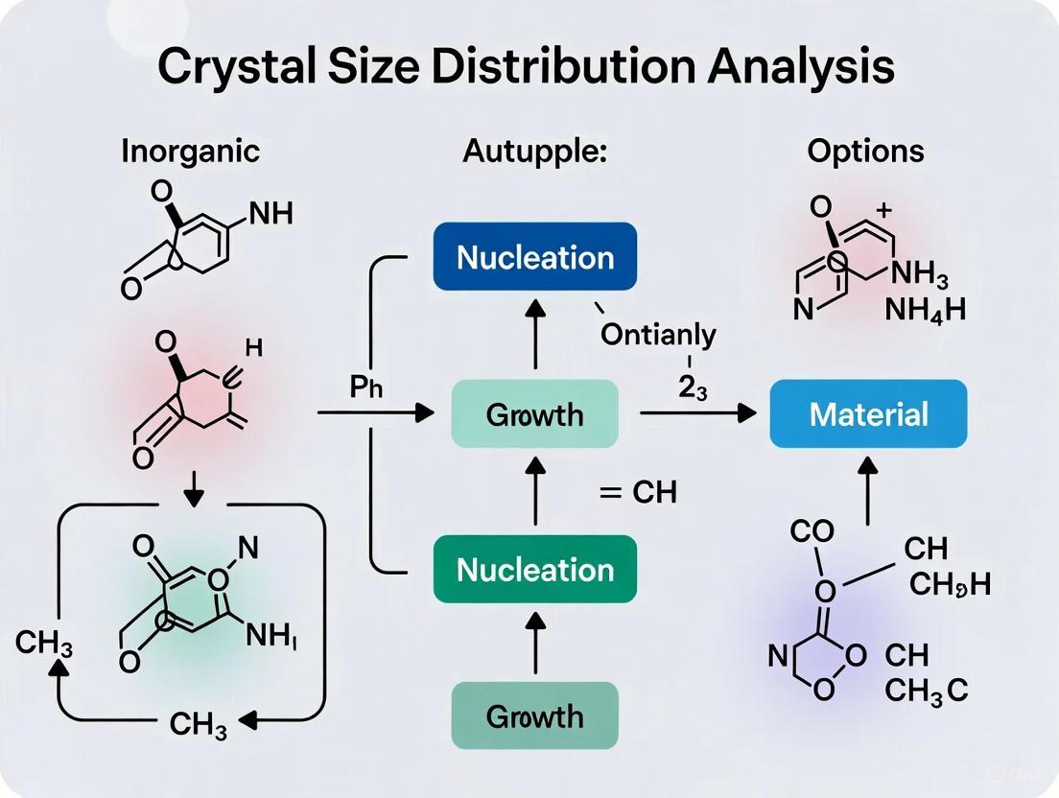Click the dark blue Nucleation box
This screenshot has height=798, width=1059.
click(x=535, y=256)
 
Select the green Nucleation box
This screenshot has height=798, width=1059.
click(x=535, y=569)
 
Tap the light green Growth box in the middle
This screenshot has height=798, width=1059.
click(x=535, y=414)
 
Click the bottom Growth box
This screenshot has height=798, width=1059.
click(x=535, y=716)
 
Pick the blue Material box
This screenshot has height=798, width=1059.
click(x=868, y=413)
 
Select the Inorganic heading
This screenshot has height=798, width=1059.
click(x=190, y=151)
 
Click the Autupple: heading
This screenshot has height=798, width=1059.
click(x=534, y=151)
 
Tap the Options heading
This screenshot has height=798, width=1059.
click(x=865, y=151)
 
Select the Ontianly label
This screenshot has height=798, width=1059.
click(x=658, y=335)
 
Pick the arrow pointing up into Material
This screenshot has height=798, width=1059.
click(x=868, y=488)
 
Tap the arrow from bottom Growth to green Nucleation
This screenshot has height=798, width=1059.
click(x=535, y=642)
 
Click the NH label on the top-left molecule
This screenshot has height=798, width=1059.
click(x=271, y=214)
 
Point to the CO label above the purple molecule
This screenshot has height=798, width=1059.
click(x=812, y=530)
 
